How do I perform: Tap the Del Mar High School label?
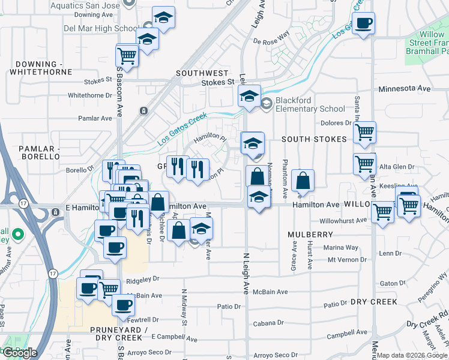coord(101,28)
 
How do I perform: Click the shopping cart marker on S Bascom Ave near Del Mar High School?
coord(127,55)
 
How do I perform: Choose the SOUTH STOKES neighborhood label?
coord(315,139)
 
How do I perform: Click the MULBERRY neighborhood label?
coord(310,234)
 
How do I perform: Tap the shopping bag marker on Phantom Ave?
coord(304,181)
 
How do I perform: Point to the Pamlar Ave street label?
coord(95,118)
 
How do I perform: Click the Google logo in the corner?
coord(20,352)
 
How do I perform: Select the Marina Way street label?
coord(343,247)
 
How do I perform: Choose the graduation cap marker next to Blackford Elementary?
coord(249,96)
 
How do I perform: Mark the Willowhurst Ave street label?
coord(343,220)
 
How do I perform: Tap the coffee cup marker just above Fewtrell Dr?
coord(124,305)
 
